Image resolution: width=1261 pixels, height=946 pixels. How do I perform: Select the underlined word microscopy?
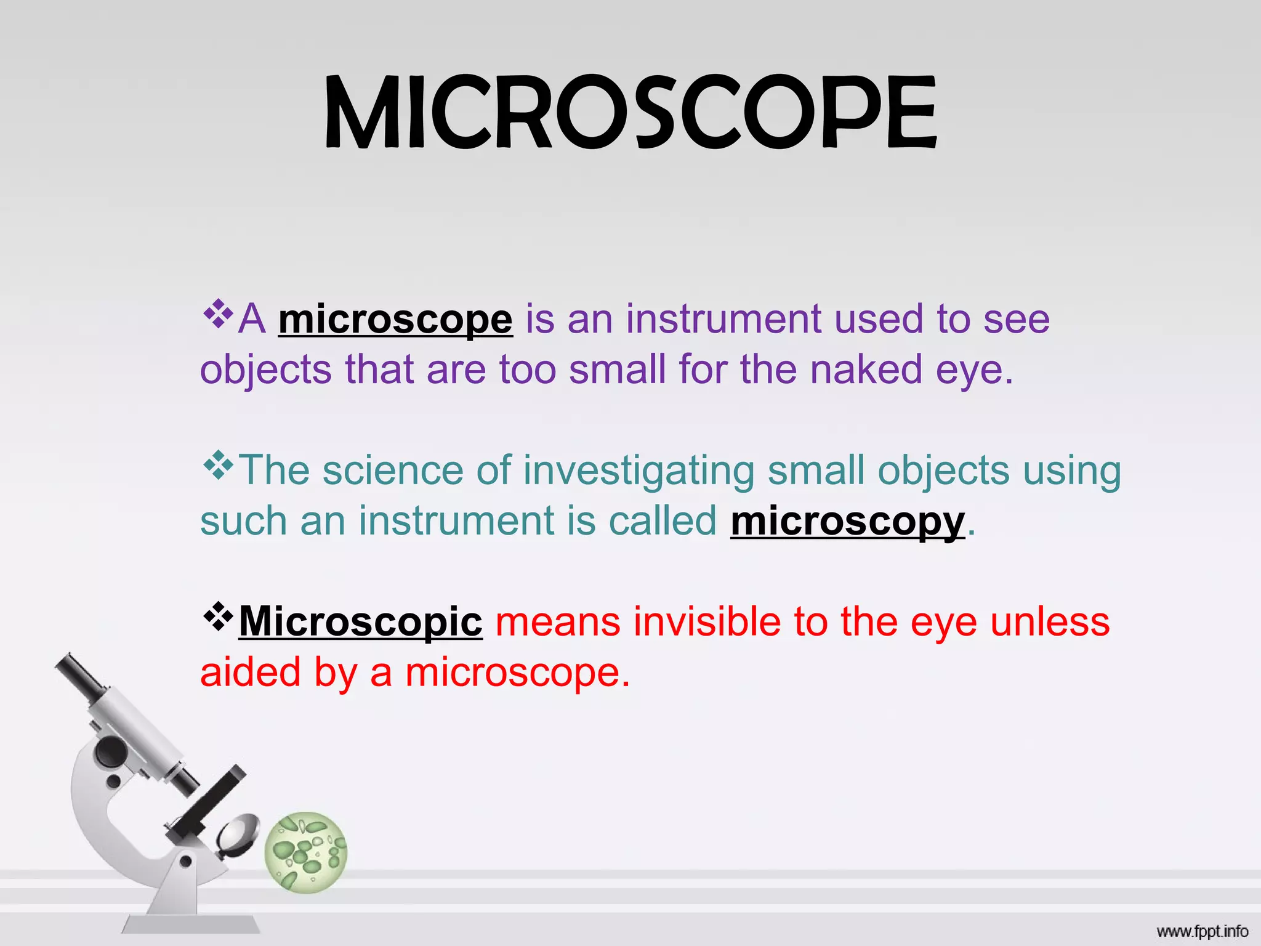coord(847,521)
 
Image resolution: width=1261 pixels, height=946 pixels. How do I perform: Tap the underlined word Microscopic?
coord(360,621)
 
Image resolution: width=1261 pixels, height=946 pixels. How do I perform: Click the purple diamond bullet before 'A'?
coord(218,313)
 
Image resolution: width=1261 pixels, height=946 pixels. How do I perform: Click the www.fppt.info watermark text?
coord(1202,931)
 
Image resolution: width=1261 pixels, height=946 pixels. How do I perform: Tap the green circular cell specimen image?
coord(306,852)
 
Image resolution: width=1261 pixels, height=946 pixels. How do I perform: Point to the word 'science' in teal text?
coord(393,471)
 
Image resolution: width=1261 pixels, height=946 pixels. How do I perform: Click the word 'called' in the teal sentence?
coord(663,521)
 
